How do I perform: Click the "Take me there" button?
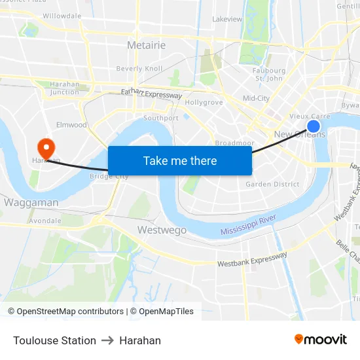[180, 160]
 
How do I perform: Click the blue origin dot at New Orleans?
[314, 126]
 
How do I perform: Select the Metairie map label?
[146, 45]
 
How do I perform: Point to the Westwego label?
[162, 230]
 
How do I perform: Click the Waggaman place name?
[31, 203]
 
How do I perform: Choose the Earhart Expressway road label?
[151, 94]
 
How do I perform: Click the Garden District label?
[272, 184]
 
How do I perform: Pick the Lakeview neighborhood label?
[227, 19]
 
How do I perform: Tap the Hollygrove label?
[204, 103]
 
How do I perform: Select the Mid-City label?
[256, 98]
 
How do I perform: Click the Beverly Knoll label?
[139, 69]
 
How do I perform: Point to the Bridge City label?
[109, 176]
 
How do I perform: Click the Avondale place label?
[45, 221]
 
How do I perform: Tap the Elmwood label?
[71, 124]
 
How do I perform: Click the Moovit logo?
[320, 339]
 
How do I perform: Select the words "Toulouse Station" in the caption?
[54, 340]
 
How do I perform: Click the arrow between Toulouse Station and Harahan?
[107, 340]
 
